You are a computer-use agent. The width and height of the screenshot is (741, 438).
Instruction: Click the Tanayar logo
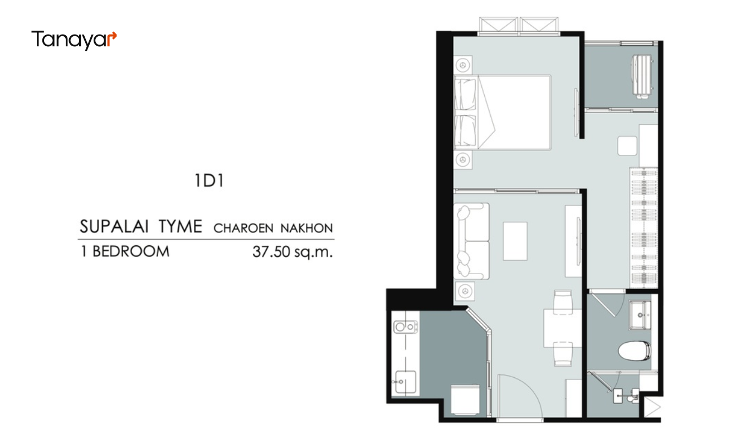[x=74, y=40]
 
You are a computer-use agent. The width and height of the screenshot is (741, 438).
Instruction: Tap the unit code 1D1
[x=209, y=181]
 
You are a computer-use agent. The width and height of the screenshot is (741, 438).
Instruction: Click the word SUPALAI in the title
[x=113, y=227]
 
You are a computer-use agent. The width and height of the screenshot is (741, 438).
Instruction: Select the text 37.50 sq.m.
[x=292, y=252]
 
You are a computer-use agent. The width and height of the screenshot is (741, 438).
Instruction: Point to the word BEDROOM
[x=131, y=251]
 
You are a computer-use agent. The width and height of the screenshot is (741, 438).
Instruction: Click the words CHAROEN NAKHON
[x=273, y=228]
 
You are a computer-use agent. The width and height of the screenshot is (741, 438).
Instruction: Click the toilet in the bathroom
[x=635, y=351]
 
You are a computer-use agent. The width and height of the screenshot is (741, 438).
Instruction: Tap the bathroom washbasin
[x=640, y=315]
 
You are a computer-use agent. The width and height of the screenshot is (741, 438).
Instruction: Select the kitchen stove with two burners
[x=406, y=327]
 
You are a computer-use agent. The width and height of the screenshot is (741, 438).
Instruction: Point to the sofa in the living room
[x=471, y=241]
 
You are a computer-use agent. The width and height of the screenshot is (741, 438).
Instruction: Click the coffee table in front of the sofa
[x=515, y=241]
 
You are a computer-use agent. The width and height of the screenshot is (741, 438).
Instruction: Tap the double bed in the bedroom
[x=503, y=113]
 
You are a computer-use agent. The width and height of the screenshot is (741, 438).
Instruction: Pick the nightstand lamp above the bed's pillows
[x=463, y=65]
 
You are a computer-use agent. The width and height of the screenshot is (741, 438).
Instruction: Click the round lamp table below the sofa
[x=465, y=291]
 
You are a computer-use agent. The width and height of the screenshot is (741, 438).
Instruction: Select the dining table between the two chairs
[x=563, y=328]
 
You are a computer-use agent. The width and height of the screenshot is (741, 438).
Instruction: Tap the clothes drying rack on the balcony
[x=642, y=77]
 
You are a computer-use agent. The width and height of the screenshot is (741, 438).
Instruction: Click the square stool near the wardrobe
[x=627, y=146]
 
